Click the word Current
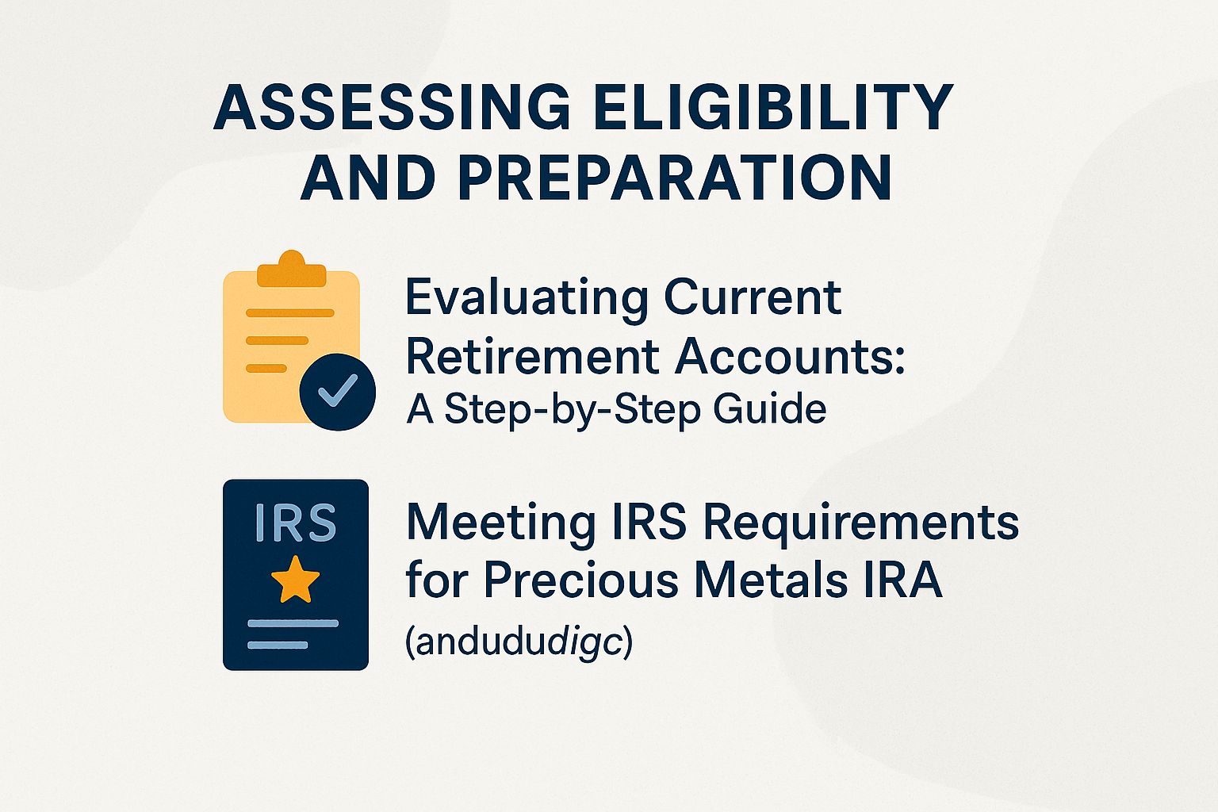point(753,297)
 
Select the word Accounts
point(790,356)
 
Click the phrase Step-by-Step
point(573,410)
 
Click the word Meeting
point(500,523)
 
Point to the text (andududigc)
point(519,642)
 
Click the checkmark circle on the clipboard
point(338,391)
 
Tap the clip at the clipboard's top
point(292,269)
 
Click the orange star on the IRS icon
point(295,579)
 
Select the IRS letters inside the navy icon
point(295,523)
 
